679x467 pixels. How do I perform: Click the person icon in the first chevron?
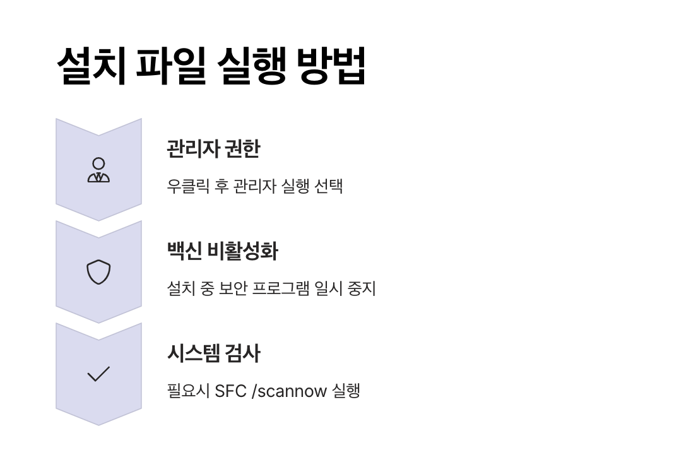(98, 170)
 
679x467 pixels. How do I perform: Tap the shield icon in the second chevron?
(98, 272)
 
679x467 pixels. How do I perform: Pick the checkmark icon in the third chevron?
(98, 374)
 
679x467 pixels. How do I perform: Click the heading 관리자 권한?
(213, 149)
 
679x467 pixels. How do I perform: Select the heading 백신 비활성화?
(222, 251)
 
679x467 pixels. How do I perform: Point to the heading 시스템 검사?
(213, 353)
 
